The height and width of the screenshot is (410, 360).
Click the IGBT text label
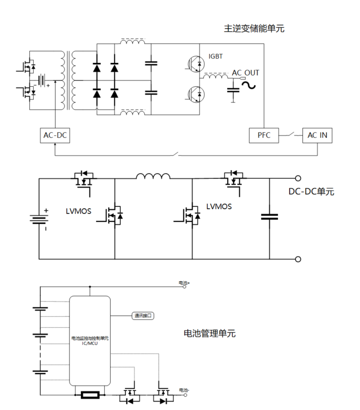[215, 57]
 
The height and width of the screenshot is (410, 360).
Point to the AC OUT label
[245, 73]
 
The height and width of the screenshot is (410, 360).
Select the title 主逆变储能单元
[254, 28]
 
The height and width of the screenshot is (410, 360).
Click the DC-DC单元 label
[311, 192]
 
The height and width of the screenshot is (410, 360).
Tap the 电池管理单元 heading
[209, 334]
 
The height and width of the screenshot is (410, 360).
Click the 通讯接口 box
[143, 315]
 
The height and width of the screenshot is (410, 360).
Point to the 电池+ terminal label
[184, 283]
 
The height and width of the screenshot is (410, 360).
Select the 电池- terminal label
[183, 390]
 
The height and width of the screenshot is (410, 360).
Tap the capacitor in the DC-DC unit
[269, 216]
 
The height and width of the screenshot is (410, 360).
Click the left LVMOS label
[79, 212]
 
